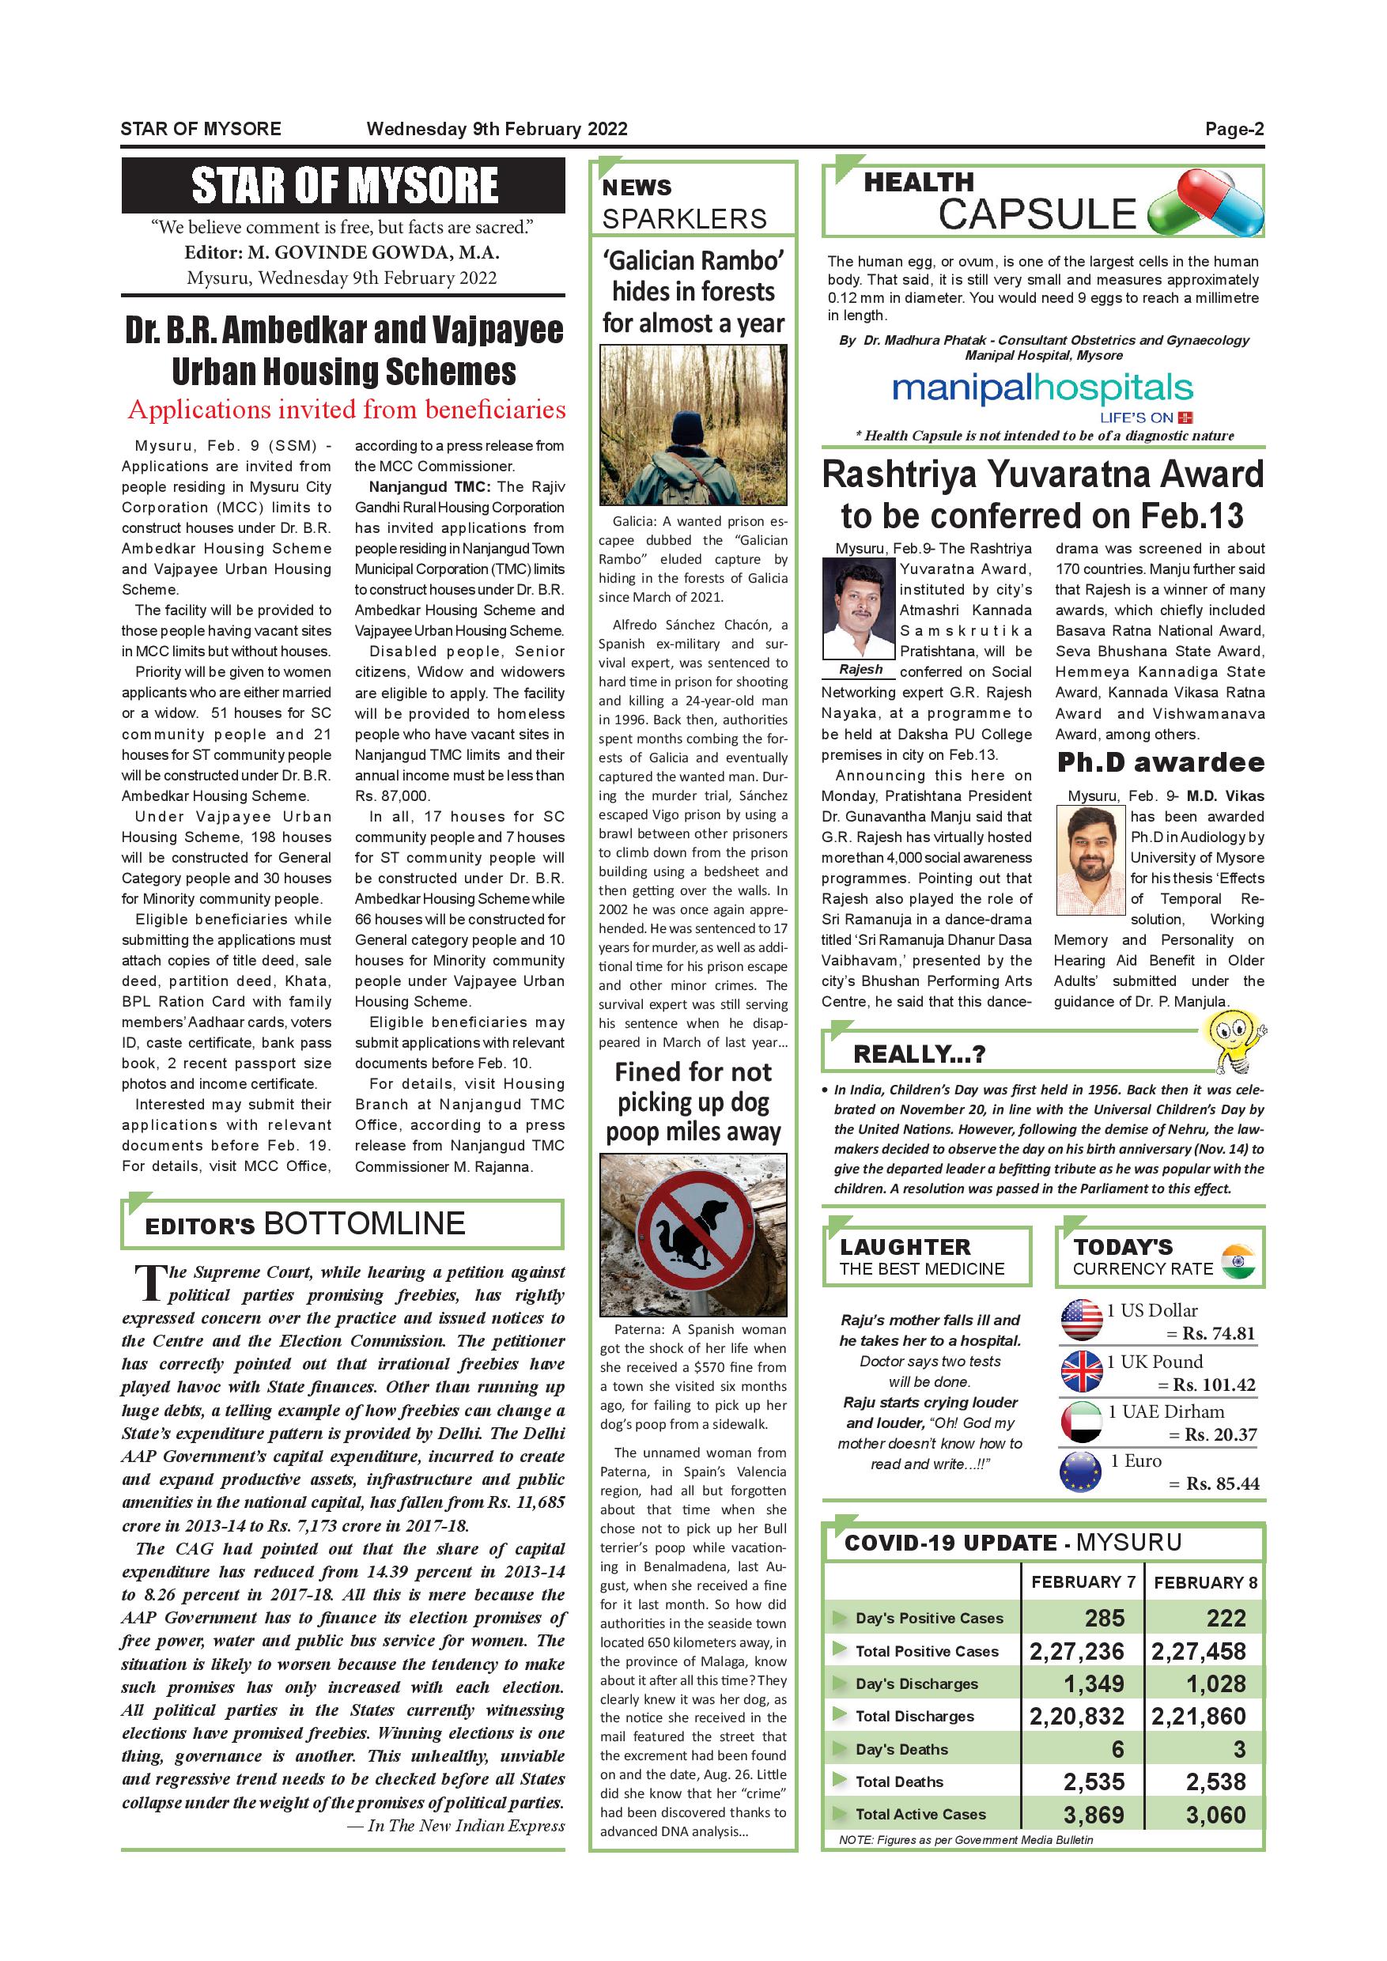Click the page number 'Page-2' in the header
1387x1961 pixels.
[1234, 129]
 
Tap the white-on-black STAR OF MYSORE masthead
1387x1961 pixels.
[343, 185]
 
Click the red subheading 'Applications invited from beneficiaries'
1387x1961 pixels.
[346, 410]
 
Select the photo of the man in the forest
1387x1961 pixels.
[693, 425]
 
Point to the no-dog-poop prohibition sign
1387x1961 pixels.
[693, 1234]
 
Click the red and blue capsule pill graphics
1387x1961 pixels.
[1205, 203]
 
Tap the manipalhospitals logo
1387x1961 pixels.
[1042, 390]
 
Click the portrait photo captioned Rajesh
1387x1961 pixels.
[858, 607]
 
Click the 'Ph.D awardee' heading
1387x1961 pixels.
[1160, 761]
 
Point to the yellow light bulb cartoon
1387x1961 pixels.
[1233, 1043]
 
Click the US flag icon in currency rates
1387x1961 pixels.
[1081, 1321]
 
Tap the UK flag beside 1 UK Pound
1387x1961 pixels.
[1081, 1371]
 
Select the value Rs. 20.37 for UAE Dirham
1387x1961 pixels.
[1220, 1435]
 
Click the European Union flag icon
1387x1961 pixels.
[1080, 1472]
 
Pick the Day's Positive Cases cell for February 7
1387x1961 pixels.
[1105, 1618]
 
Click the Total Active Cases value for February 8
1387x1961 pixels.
[1215, 1814]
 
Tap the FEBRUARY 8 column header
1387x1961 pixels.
[1205, 1581]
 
